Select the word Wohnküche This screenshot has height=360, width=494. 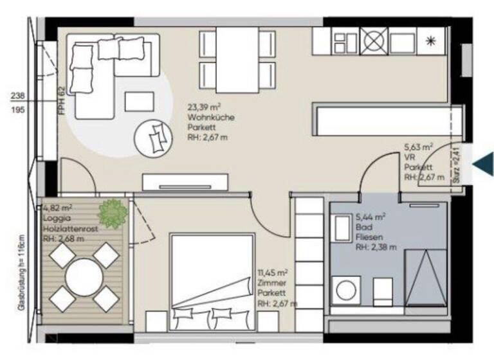(x=207, y=118)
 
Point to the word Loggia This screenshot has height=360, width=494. (x=55, y=218)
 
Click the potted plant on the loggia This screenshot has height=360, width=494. (x=113, y=213)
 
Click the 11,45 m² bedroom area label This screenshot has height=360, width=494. (x=272, y=273)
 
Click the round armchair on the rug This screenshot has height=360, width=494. (x=152, y=137)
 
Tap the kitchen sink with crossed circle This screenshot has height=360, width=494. (x=373, y=40)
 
